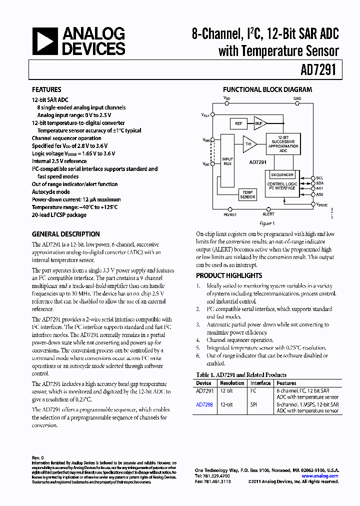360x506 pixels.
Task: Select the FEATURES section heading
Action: point(46,90)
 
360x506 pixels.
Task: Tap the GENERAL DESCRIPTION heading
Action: point(65,234)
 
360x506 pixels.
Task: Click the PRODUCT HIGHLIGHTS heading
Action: point(229,275)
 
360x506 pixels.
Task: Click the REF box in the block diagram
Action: point(238,123)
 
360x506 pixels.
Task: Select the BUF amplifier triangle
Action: point(260,123)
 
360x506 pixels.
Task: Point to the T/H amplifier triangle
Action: point(249,144)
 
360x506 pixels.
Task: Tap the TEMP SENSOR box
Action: point(247,194)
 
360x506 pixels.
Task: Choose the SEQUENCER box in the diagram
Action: point(282,175)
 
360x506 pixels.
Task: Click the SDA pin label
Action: point(320,183)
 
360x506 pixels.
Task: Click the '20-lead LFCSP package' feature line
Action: point(59,215)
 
